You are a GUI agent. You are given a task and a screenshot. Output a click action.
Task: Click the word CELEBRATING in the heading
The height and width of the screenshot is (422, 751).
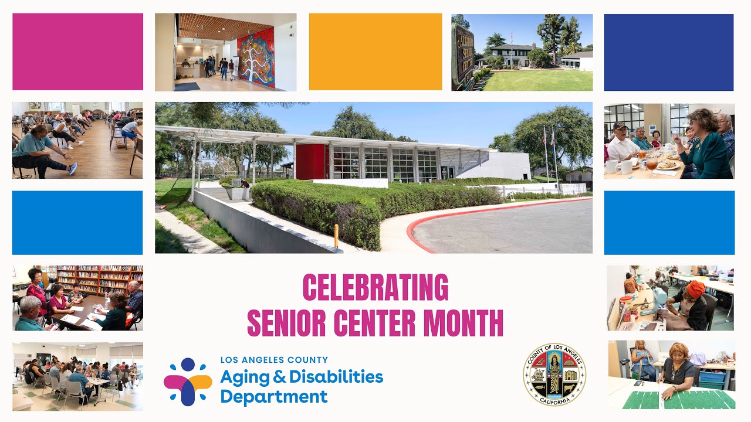(375, 288)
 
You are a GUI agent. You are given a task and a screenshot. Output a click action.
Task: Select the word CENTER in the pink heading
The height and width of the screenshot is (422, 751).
(375, 322)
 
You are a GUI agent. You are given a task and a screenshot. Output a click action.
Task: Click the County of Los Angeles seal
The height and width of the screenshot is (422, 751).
(554, 375)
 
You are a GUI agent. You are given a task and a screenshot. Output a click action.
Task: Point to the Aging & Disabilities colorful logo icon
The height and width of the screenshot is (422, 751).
(188, 382)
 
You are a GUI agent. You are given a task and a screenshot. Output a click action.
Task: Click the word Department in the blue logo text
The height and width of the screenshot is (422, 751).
(273, 397)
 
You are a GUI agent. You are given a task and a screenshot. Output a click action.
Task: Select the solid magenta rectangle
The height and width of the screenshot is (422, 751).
(77, 52)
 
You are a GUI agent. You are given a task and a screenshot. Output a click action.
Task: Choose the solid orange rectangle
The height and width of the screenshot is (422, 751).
(375, 52)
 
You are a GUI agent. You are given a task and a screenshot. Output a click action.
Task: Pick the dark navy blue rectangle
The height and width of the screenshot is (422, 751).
(669, 52)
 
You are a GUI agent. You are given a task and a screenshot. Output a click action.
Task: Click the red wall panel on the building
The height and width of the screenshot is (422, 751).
(310, 162)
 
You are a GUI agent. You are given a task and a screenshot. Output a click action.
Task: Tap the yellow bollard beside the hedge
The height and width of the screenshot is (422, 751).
(336, 236)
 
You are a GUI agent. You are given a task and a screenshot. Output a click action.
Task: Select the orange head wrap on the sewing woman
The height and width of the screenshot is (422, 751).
(695, 288)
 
